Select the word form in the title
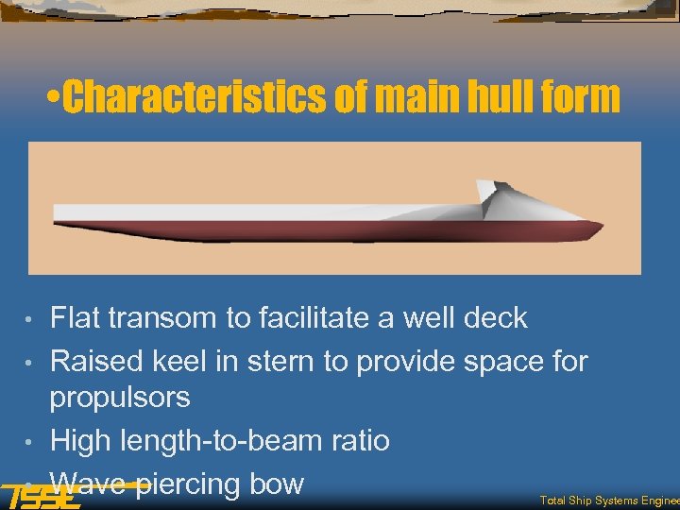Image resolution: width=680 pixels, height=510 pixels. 578,97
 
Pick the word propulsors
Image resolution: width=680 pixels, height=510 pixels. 119,398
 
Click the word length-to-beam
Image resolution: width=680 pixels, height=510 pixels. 226,440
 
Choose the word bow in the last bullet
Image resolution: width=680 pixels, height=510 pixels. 276,484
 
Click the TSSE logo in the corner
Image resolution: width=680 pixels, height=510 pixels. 40,496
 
